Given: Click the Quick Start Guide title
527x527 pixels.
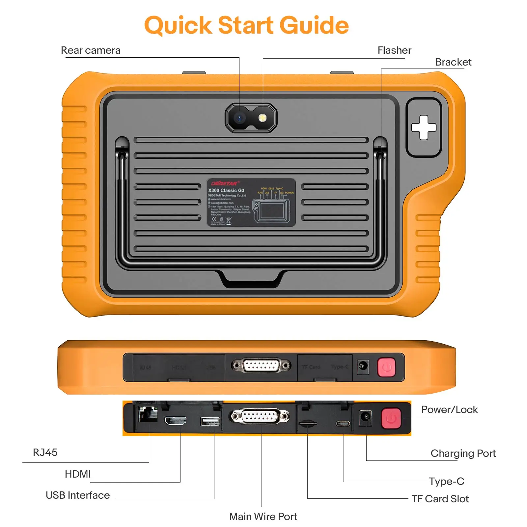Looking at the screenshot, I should click(246, 25).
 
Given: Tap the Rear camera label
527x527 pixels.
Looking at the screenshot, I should click(91, 50).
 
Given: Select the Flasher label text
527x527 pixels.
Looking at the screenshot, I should click(394, 50).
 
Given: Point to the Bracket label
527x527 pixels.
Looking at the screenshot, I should click(453, 62).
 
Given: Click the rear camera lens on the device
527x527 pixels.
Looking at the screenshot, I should click(239, 118).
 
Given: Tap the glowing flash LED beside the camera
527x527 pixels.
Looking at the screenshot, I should click(262, 118).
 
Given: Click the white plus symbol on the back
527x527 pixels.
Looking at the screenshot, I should click(424, 127).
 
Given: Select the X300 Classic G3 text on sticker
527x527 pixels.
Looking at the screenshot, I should click(226, 190).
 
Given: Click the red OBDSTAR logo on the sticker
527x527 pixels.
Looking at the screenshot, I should click(224, 183).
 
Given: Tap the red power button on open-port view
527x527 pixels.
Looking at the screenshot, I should click(391, 419).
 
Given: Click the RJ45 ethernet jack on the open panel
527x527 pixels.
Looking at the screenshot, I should click(148, 414).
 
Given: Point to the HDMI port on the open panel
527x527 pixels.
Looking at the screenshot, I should click(176, 421).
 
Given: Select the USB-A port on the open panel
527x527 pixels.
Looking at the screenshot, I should click(210, 421).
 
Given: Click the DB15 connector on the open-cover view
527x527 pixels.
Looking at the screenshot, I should click(260, 416).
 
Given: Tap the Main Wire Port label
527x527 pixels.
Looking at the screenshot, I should click(263, 516).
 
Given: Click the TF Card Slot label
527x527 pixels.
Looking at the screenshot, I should click(440, 499).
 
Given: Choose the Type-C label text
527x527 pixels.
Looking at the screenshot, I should click(446, 481).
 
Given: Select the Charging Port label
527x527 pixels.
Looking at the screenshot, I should click(463, 454).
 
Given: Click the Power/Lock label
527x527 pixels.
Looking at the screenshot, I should click(449, 410).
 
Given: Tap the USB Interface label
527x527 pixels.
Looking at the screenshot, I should click(78, 495).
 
